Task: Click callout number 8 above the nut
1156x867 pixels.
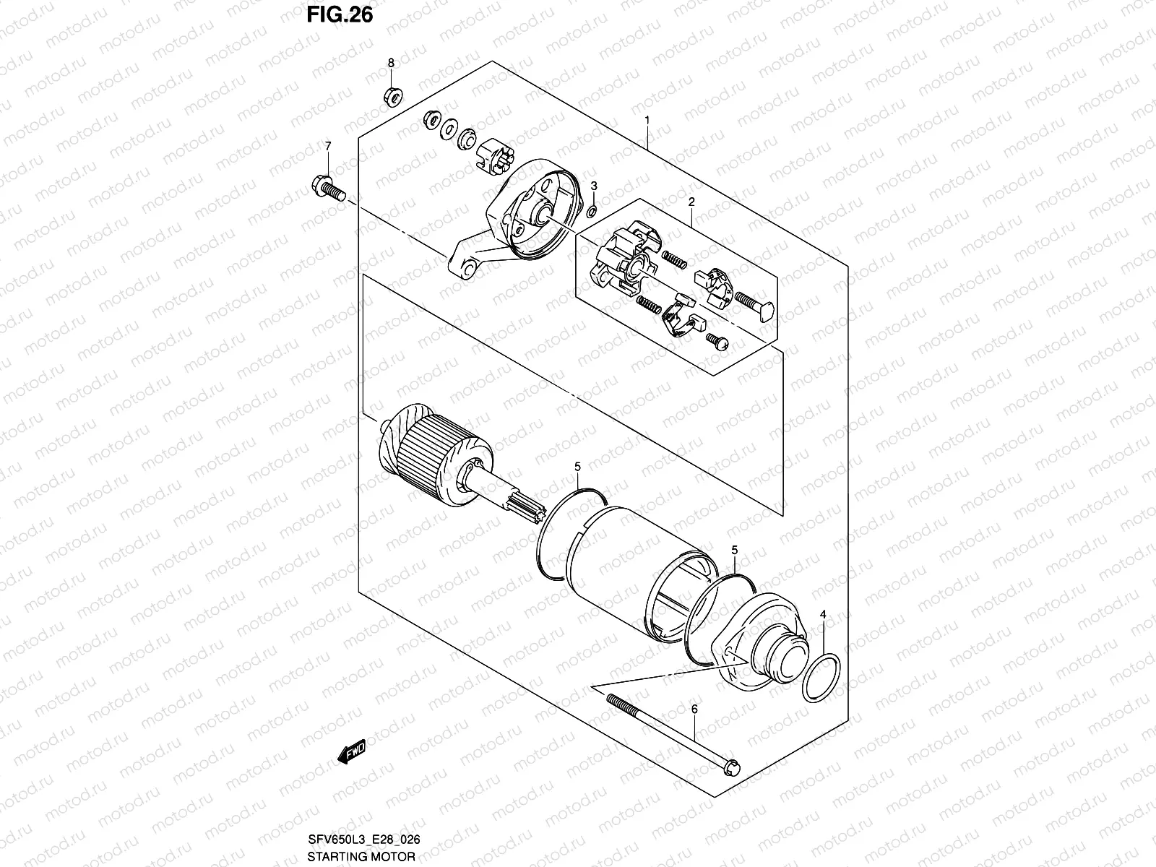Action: [391, 64]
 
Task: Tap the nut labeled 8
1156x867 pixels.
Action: [392, 95]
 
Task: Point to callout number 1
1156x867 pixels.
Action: [647, 120]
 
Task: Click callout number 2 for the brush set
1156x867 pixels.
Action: [691, 203]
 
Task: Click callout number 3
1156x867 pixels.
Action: [593, 186]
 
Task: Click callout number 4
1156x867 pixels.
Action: [822, 615]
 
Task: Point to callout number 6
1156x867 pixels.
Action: [694, 710]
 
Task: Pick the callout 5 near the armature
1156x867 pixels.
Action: [577, 468]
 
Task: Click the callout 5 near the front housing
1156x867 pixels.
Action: [734, 551]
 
